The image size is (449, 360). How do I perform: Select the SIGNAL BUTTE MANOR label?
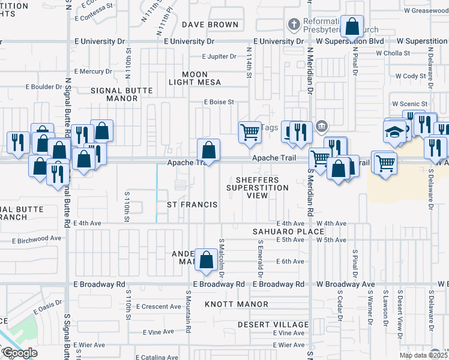pos(122,94)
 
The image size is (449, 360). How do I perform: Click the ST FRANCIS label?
pos(192,205)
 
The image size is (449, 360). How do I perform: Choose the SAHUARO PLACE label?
pos(280,231)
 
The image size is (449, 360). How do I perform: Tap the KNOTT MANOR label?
pos(236,304)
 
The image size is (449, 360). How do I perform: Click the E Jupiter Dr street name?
pos(221,56)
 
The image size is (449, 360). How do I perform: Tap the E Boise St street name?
pos(218,103)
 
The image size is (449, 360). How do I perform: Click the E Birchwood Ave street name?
pos(37,238)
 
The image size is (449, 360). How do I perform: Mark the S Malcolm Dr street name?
pos(221,251)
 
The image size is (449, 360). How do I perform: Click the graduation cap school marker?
pos(394,133)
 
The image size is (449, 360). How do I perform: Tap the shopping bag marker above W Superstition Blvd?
pos(352,26)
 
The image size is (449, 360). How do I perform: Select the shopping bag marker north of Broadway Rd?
pos(206,260)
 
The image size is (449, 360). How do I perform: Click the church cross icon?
pos(294,25)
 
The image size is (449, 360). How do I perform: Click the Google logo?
pos(19,353)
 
